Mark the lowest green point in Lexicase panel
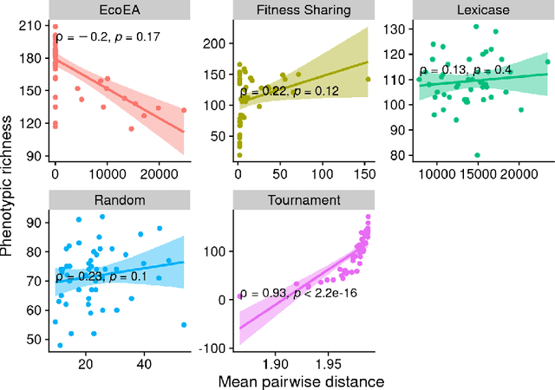478,155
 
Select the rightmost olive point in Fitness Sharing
368,79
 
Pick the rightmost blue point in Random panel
184,325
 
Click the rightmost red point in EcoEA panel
184,110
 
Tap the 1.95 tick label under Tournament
328,361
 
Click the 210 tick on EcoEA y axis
35,28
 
